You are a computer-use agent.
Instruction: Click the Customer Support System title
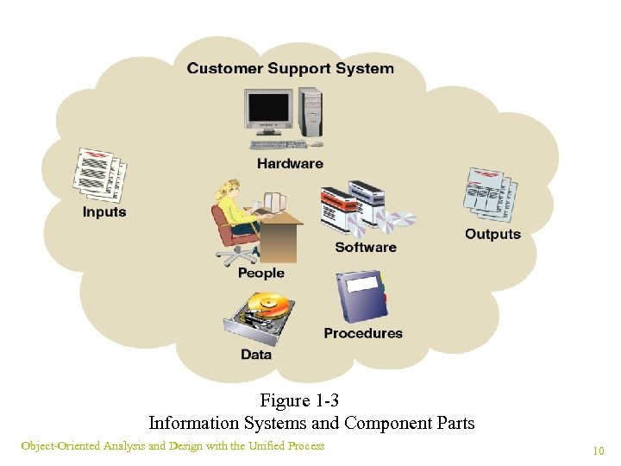[x=290, y=68]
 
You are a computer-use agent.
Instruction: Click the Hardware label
[x=290, y=163]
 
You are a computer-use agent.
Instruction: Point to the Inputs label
[x=104, y=211]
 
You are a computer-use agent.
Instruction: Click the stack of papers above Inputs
[x=100, y=175]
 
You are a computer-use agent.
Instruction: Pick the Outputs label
[x=492, y=234]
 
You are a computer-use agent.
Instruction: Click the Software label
[x=366, y=247]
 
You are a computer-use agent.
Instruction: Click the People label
[x=260, y=273]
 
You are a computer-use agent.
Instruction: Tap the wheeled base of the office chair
[x=237, y=254]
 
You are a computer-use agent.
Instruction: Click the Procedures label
[x=363, y=333]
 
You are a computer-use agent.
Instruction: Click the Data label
[x=256, y=354]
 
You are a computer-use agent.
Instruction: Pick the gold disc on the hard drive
[x=267, y=305]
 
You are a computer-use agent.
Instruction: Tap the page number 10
[x=598, y=450]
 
